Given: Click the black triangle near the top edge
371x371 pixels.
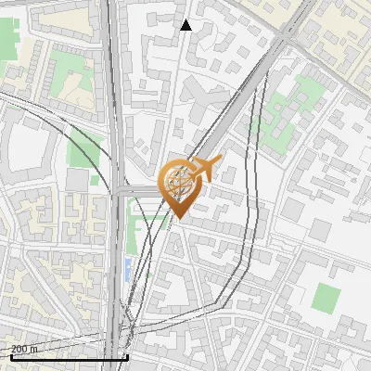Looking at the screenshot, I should click(x=185, y=25).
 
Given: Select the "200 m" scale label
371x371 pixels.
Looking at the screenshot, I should click(x=24, y=349).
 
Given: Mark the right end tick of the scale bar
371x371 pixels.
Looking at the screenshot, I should click(x=126, y=356).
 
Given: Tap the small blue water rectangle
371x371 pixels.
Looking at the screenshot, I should click(x=126, y=271).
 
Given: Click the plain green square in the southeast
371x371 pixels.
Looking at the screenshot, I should click(x=326, y=299).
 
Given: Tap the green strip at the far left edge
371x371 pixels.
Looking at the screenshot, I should click(x=8, y=37).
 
